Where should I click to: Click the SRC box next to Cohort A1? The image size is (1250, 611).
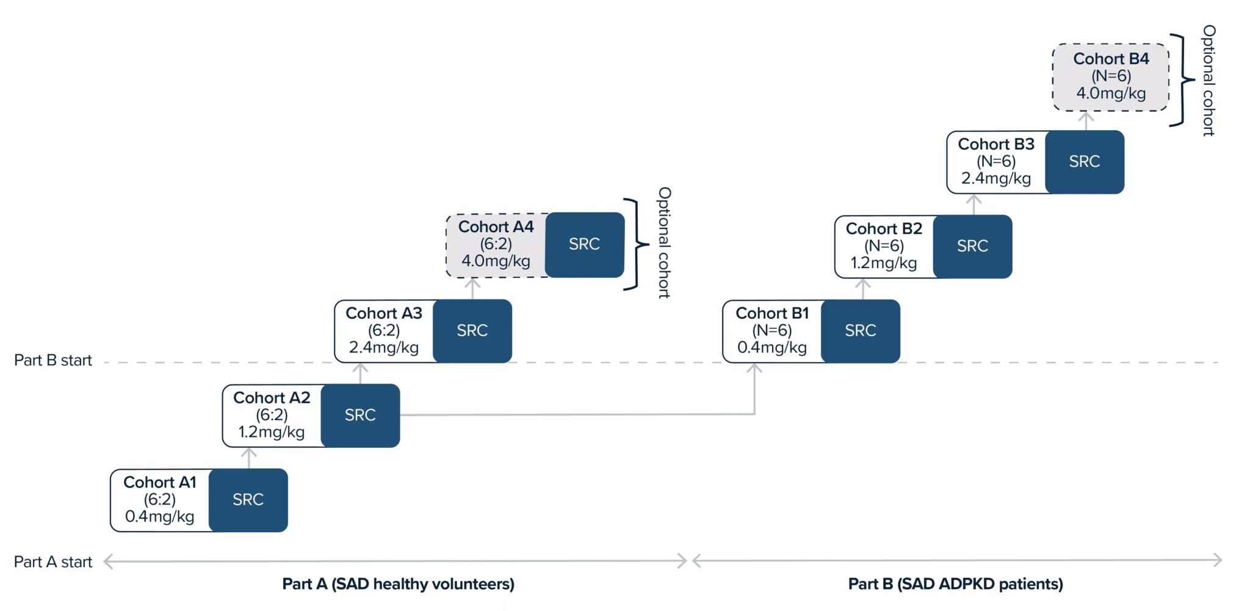click(248, 500)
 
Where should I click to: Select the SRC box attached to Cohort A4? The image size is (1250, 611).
click(584, 244)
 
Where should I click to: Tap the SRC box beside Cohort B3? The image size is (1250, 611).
click(1084, 162)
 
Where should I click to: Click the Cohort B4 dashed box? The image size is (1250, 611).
click(1110, 77)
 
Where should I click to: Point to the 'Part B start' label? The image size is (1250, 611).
click(53, 360)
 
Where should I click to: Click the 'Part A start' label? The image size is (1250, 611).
click(53, 562)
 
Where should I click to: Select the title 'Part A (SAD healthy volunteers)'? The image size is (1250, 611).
click(398, 584)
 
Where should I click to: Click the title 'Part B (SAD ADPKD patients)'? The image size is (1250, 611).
click(955, 584)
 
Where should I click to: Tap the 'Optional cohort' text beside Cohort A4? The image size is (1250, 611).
click(664, 243)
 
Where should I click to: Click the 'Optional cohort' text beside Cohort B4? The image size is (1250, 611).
click(1208, 80)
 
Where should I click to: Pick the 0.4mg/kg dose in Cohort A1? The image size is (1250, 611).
click(159, 517)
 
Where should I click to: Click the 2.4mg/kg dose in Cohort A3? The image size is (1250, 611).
click(383, 348)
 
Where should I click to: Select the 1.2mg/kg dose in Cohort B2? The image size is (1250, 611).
click(883, 263)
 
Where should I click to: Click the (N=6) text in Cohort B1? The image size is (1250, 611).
click(771, 331)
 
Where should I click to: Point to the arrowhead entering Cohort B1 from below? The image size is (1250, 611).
click(754, 368)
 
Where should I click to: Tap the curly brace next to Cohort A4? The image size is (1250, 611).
click(637, 244)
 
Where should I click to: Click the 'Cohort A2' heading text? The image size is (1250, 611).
click(272, 398)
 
